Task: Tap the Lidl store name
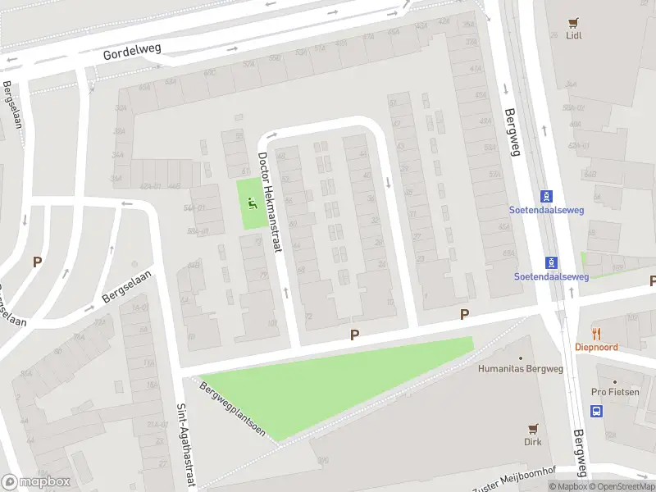click(574, 36)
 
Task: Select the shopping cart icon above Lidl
click(574, 23)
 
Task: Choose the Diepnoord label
click(596, 347)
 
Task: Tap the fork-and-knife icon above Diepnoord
click(596, 334)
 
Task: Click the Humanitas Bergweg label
click(516, 368)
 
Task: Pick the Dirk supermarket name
click(533, 441)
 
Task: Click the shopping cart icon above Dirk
click(533, 428)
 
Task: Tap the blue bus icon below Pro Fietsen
click(597, 412)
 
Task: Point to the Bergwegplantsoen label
click(233, 408)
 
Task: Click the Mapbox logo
click(34, 482)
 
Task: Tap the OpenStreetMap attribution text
click(620, 487)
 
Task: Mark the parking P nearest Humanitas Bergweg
click(464, 315)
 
